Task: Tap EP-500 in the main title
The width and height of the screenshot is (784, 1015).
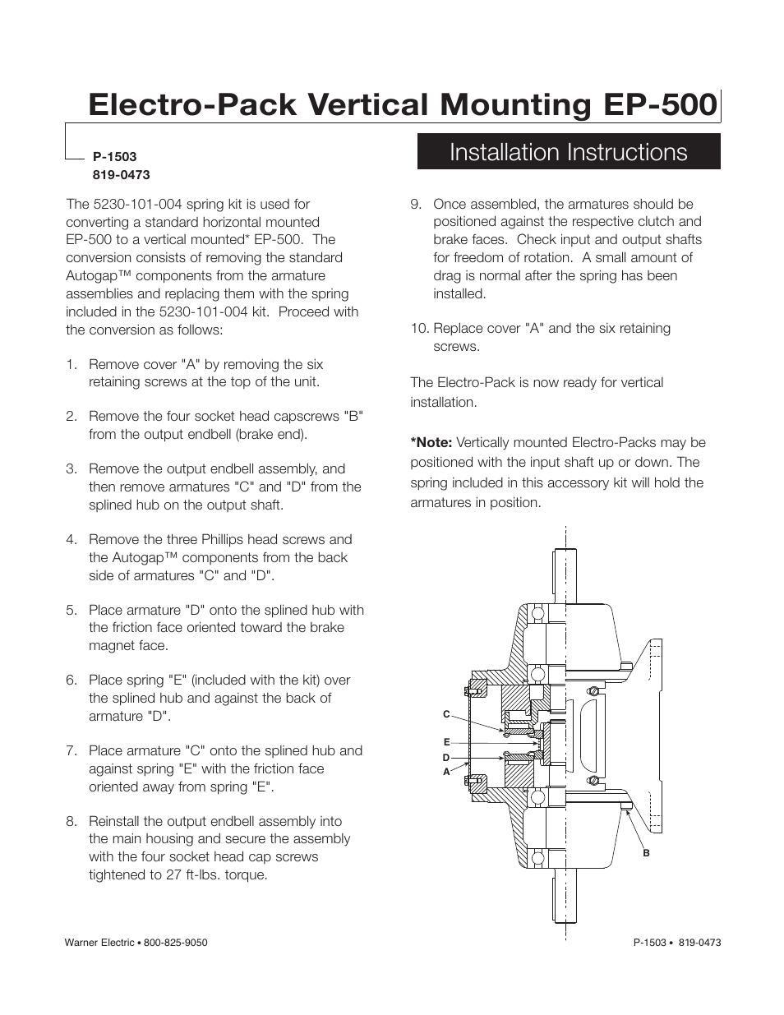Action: [x=660, y=105]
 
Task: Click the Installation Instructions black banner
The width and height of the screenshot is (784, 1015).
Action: [x=569, y=152]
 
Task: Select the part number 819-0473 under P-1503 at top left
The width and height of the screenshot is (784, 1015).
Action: [x=121, y=174]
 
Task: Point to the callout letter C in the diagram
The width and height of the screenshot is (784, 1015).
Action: [x=447, y=714]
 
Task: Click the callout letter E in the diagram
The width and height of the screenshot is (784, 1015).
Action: [x=447, y=742]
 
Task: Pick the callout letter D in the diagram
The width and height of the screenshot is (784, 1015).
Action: [x=446, y=758]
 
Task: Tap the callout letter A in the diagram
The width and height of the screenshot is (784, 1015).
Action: [x=447, y=772]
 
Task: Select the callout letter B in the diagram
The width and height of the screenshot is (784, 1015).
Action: [x=647, y=853]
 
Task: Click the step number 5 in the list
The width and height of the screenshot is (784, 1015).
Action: [x=71, y=610]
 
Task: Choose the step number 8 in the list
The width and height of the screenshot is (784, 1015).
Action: [x=71, y=821]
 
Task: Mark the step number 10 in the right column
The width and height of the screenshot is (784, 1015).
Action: [x=419, y=329]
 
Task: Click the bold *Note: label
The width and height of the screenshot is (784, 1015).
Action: [x=431, y=442]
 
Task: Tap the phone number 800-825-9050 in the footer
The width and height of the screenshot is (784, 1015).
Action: [x=176, y=943]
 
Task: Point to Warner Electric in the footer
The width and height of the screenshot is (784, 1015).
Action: [x=99, y=943]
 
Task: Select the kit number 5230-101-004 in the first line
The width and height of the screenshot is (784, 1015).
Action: [x=138, y=204]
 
